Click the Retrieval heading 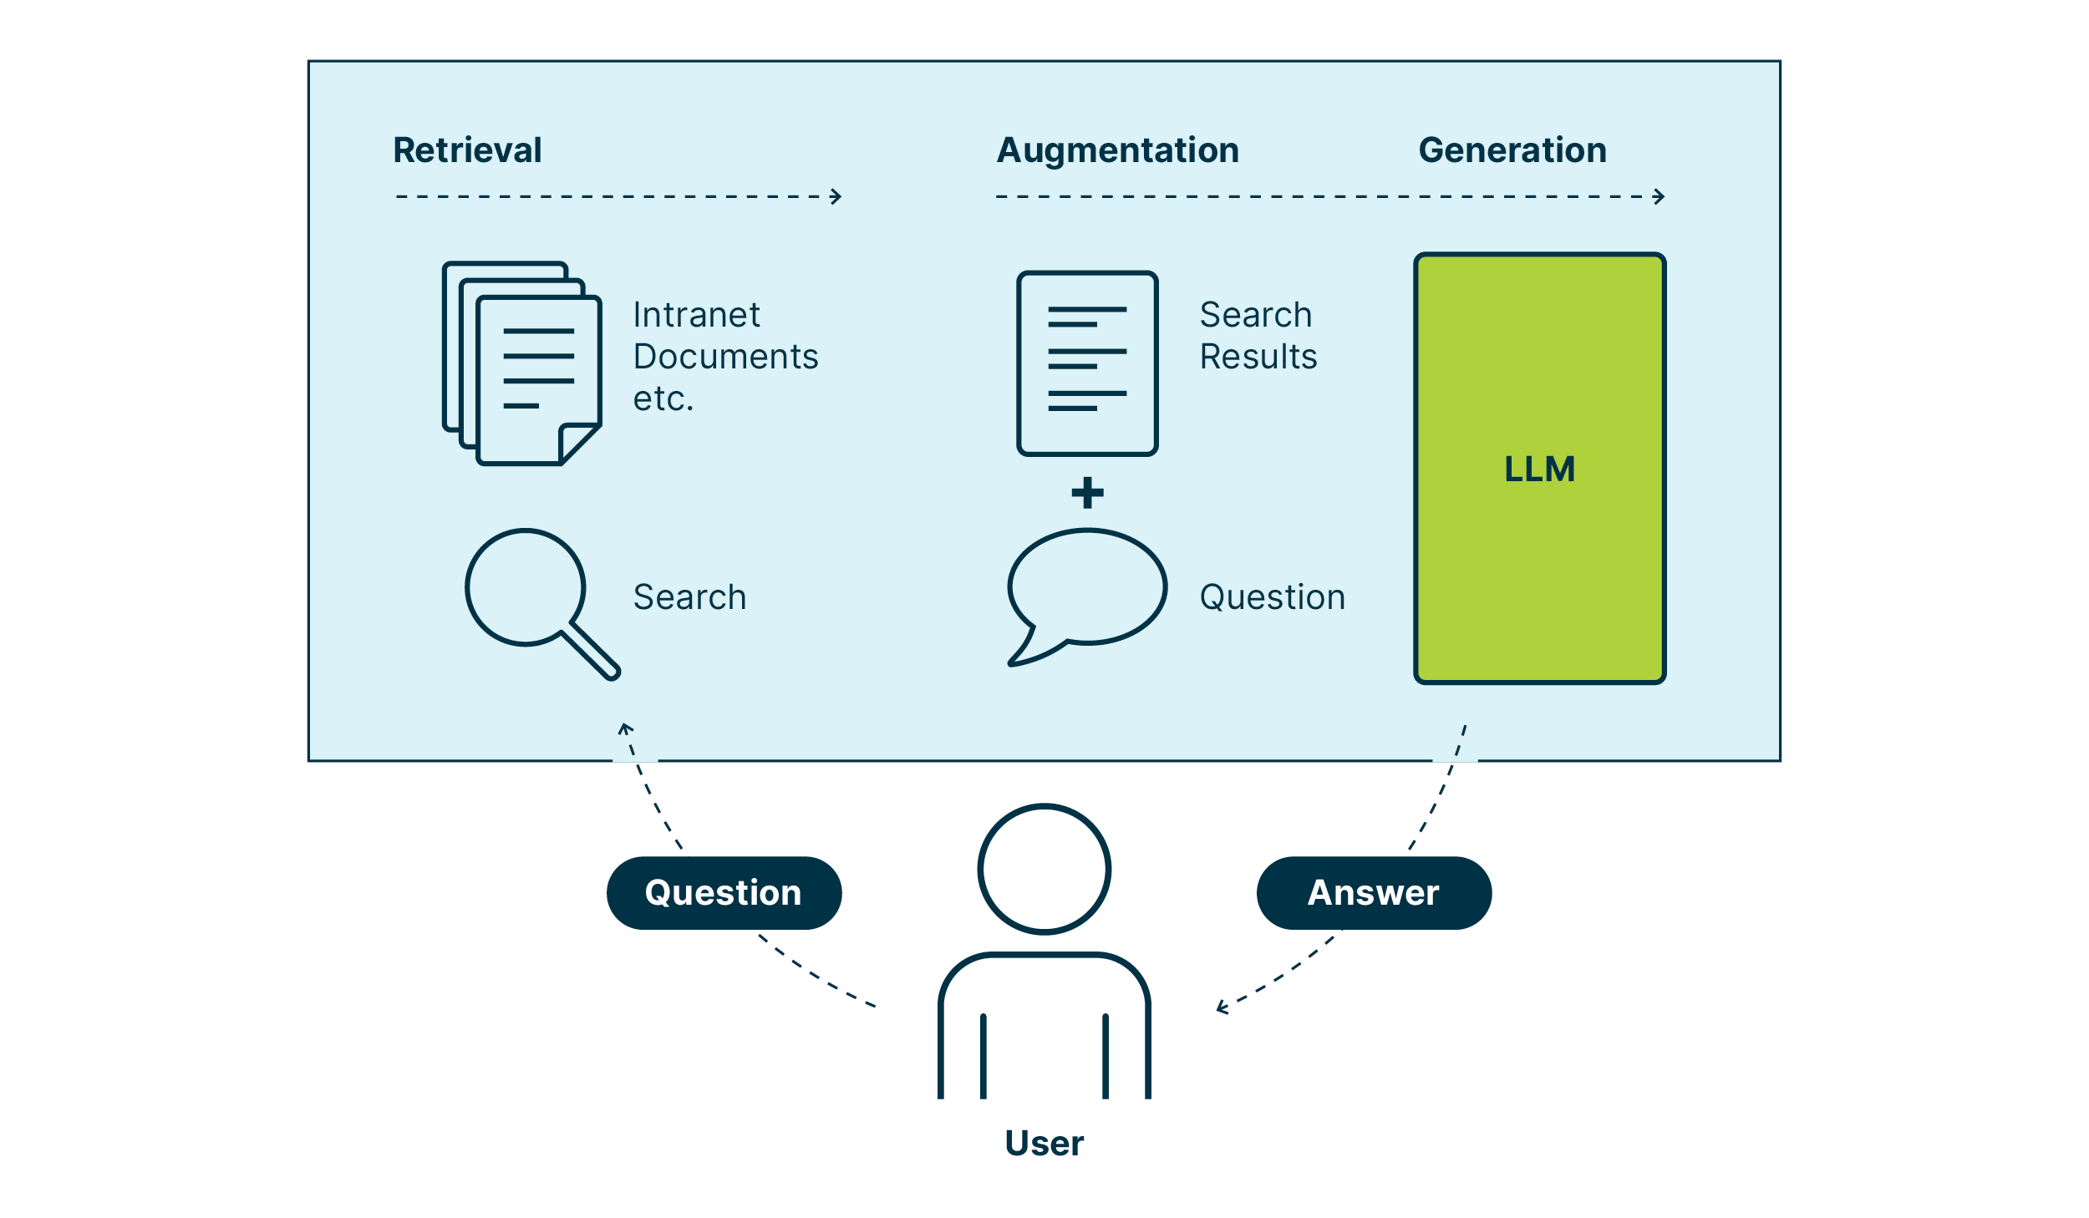point(467,150)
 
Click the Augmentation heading point(1117,150)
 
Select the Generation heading point(1512,150)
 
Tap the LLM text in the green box point(1539,469)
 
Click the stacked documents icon point(522,363)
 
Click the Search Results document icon point(1087,363)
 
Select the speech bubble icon point(1086,589)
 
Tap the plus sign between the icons point(1087,493)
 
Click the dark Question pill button point(724,893)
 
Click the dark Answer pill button point(1373,893)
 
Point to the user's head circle point(1044,869)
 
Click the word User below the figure point(1044,1143)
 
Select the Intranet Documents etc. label point(724,357)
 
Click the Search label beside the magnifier point(689,597)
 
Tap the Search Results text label point(1258,336)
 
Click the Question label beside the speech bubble point(1272,597)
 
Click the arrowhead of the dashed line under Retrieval point(836,197)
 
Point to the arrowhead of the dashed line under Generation point(1660,197)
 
